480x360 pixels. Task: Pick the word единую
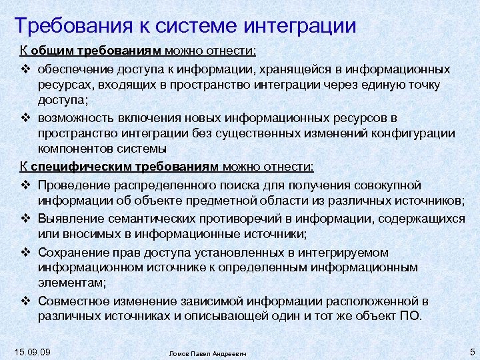(x=381, y=85)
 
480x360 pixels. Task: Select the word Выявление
(x=69, y=217)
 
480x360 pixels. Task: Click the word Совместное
(x=73, y=301)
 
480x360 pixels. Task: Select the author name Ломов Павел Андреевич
(x=207, y=353)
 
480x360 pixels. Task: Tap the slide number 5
(x=471, y=351)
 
